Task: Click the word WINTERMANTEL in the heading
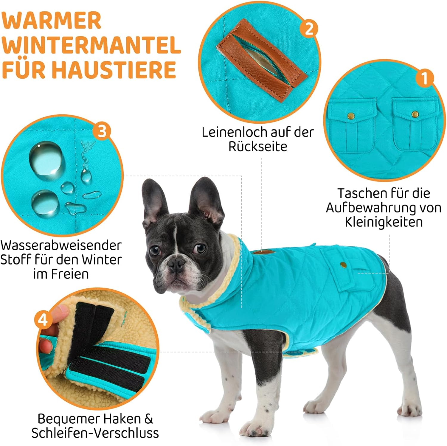pyautogui.click(x=91, y=45)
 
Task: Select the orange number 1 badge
pyautogui.click(x=425, y=78)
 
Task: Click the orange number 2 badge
pyautogui.click(x=309, y=29)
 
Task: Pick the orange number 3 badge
pyautogui.click(x=101, y=131)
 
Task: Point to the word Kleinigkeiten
pyautogui.click(x=384, y=222)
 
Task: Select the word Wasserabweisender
pyautogui.click(x=61, y=245)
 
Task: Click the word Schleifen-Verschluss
pyautogui.click(x=95, y=433)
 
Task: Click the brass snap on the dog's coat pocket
pyautogui.click(x=343, y=264)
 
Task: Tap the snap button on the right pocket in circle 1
pyautogui.click(x=415, y=114)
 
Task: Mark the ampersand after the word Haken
pyautogui.click(x=149, y=419)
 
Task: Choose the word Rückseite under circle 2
pyautogui.click(x=258, y=146)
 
